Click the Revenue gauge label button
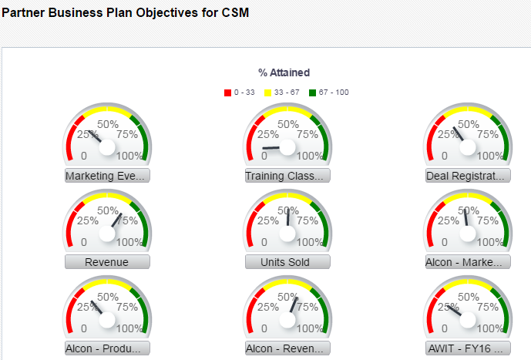click(x=106, y=262)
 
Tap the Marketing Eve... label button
click(x=106, y=176)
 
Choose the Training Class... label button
click(x=287, y=176)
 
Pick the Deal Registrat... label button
click(x=468, y=176)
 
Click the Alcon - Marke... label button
click(x=468, y=262)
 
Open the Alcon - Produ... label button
click(x=106, y=348)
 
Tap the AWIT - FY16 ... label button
click(x=468, y=348)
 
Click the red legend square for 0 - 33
click(x=228, y=93)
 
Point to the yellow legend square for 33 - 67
click(x=268, y=93)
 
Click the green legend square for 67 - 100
click(x=313, y=93)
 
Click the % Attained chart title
click(x=284, y=72)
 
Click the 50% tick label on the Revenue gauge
click(x=107, y=210)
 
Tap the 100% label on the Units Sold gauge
click(x=311, y=242)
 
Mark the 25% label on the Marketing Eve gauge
click(x=87, y=134)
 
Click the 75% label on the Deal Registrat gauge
click(x=488, y=134)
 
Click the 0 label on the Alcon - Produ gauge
click(x=84, y=328)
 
